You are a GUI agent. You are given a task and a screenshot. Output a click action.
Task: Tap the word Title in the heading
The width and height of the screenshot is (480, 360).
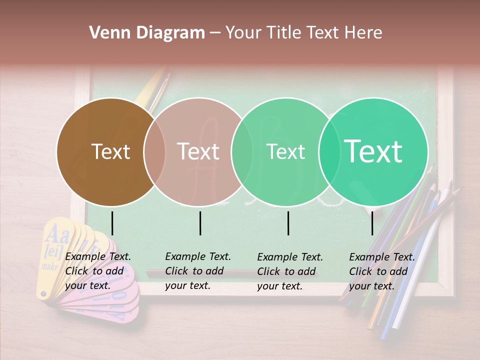(x=283, y=33)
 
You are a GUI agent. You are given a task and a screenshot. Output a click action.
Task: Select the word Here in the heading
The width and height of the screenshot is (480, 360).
(x=364, y=33)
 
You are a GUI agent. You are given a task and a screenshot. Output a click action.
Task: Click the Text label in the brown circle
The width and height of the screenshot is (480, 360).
(x=110, y=152)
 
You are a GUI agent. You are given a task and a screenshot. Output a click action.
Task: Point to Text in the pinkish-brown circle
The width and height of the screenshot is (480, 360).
(x=198, y=152)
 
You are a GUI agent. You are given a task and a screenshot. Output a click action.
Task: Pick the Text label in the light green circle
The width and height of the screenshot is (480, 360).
(x=285, y=152)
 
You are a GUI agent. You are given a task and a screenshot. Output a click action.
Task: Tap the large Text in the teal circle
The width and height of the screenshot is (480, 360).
(x=373, y=151)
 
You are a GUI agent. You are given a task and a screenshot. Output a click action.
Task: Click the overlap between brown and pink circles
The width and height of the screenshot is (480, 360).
(x=154, y=152)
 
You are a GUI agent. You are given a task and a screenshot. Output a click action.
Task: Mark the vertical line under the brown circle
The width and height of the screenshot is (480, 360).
(x=112, y=223)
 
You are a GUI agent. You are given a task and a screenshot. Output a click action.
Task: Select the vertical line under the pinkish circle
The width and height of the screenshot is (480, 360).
(x=200, y=223)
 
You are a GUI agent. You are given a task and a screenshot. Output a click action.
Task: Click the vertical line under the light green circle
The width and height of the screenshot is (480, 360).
(x=288, y=223)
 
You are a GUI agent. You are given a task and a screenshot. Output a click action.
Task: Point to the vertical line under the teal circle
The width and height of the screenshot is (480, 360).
(x=372, y=223)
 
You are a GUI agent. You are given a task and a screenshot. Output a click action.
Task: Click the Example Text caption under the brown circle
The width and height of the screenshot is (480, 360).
(x=97, y=271)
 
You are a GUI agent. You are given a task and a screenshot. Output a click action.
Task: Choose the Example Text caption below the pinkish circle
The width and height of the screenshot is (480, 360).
(x=197, y=271)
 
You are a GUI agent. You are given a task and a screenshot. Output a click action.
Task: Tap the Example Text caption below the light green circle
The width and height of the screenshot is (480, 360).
(x=289, y=271)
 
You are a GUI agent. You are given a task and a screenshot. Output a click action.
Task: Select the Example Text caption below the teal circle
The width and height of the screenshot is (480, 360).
(x=381, y=271)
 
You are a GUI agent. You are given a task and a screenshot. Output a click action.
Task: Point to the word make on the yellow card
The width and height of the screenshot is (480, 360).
(x=49, y=266)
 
